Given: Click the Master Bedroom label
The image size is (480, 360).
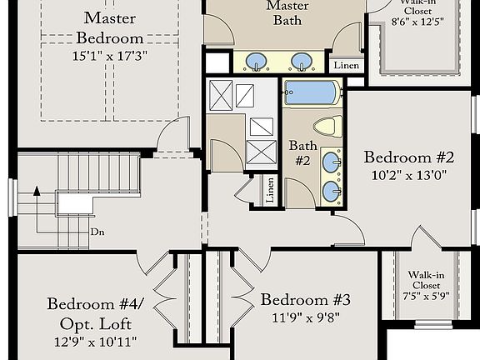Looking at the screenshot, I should point(109,27).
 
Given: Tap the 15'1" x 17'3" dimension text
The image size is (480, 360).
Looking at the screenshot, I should point(109,57).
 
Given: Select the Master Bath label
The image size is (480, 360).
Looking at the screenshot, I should point(287,12).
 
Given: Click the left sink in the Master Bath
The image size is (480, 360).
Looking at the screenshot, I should point(258,62).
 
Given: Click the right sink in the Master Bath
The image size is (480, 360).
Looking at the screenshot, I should point(302,62).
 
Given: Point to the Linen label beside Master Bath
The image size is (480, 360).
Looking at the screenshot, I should point(346,64).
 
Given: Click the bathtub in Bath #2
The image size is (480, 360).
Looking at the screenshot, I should point(312,92).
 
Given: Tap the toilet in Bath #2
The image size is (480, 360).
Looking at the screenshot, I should point(327,127).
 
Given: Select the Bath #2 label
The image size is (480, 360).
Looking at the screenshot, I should point(302,152).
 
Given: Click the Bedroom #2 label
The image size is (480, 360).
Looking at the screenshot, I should point(408,157).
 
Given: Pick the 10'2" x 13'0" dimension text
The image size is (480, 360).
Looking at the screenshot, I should point(408,175).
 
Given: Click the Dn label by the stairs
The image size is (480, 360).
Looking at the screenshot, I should point(97,232).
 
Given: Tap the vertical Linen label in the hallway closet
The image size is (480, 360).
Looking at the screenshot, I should point(270,190).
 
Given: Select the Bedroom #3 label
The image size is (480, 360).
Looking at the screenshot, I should point(305,300).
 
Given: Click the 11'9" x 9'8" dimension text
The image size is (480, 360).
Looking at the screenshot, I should point(305,317).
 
